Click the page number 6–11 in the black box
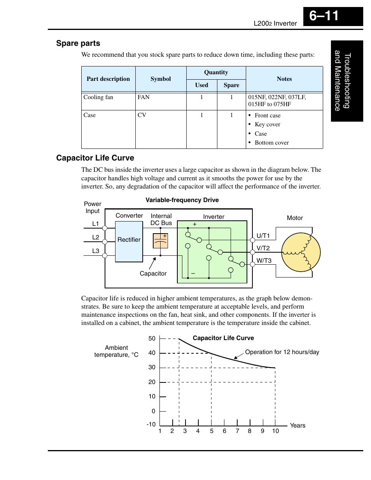324,16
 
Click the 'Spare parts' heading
78,43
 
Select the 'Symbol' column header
161,79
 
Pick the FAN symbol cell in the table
143,97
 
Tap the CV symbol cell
142,115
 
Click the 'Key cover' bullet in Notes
267,124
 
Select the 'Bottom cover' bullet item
271,143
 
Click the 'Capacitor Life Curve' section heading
95,158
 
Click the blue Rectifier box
129,241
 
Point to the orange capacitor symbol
161,241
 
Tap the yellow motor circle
301,252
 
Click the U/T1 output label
263,236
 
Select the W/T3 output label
264,260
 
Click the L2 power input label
96,237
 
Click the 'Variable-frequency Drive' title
182,200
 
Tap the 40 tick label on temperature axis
152,353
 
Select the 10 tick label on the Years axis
275,431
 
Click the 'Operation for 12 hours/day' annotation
282,352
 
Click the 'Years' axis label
297,425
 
